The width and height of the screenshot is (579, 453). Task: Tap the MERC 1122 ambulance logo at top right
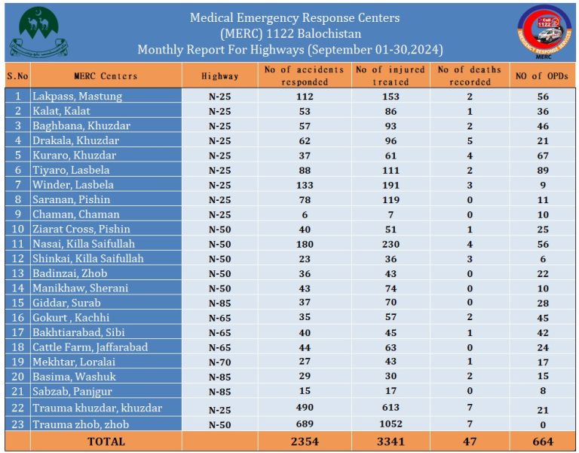(541, 32)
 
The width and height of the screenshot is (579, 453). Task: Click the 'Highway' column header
(219, 76)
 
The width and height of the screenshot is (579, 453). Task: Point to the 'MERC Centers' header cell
(106, 76)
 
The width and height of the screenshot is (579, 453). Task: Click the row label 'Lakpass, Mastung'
(77, 97)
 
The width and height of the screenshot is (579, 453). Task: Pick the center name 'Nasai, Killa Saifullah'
(83, 244)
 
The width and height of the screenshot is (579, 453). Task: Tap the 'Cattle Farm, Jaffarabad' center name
(90, 347)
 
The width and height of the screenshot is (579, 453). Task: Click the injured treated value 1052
(391, 425)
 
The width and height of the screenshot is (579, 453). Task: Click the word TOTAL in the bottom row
(106, 441)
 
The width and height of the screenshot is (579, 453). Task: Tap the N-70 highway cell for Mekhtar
(219, 362)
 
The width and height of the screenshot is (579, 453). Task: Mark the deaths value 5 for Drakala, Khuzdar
(470, 140)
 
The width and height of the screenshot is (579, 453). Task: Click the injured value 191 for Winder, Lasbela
(391, 185)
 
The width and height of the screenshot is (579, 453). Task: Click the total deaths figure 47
(470, 441)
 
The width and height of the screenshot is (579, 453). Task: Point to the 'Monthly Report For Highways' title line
(290, 50)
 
